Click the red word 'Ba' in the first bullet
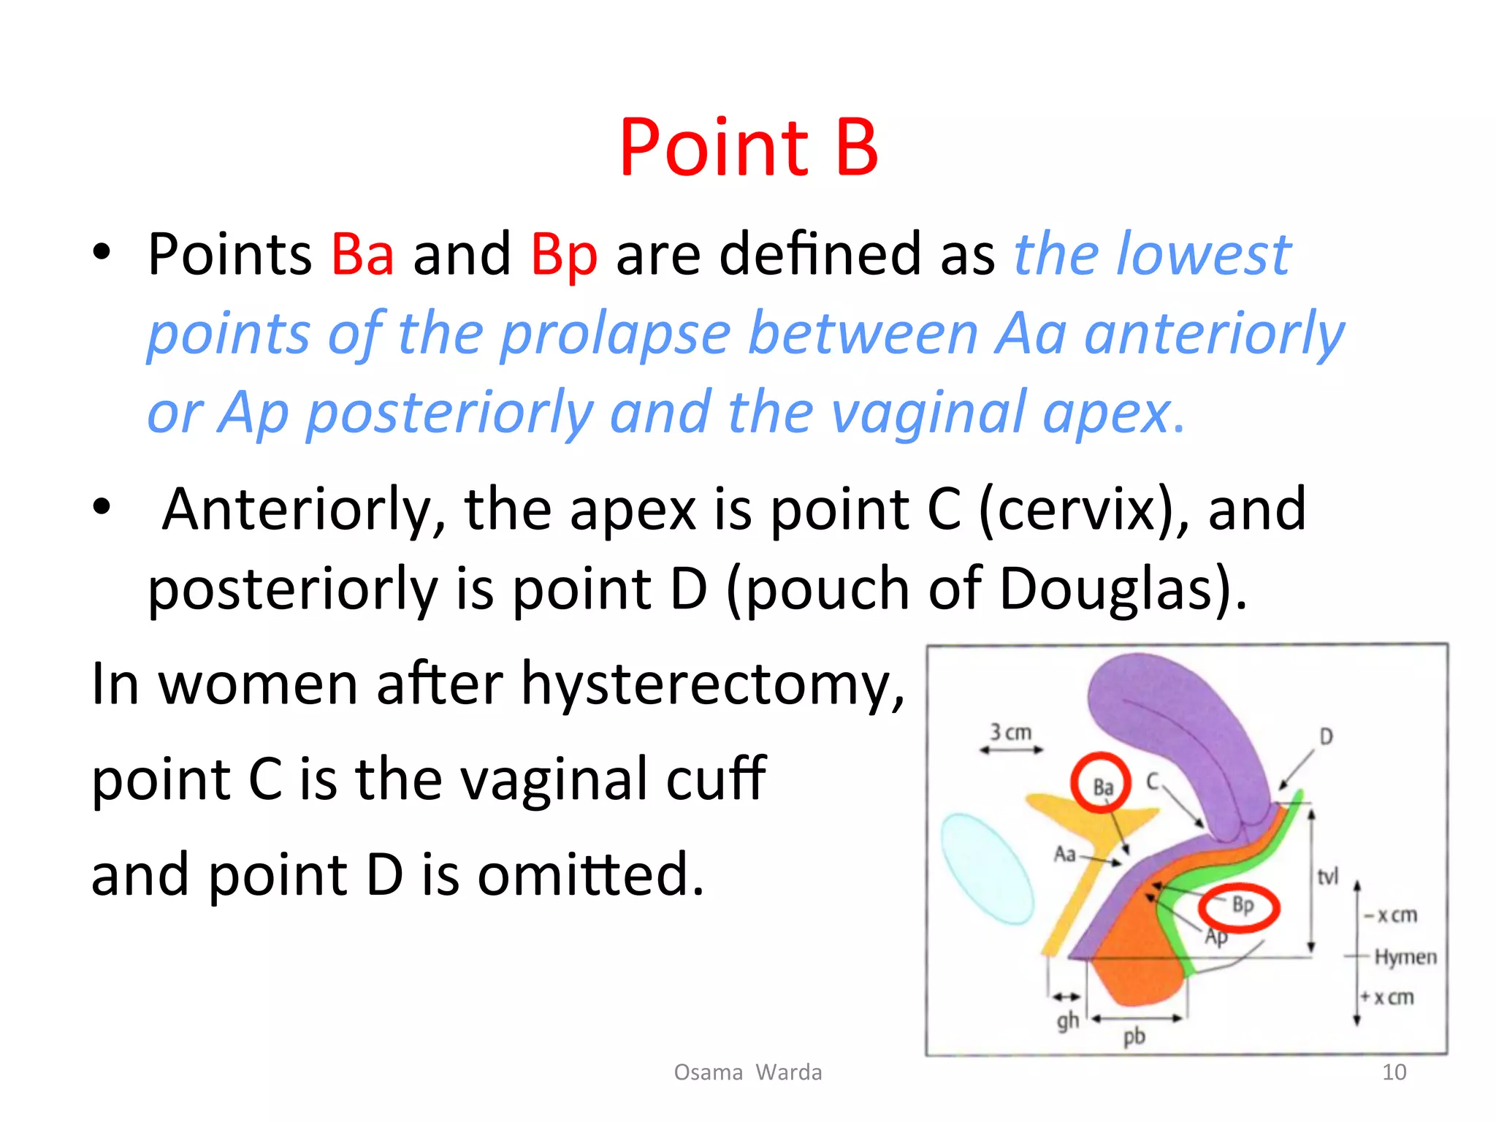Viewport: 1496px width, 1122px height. [x=362, y=254]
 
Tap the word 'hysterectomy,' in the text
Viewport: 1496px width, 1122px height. [x=712, y=685]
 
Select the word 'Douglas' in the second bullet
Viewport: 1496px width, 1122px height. [x=1113, y=589]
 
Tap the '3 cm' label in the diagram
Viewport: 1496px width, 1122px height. [x=1010, y=732]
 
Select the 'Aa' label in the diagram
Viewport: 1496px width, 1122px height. [x=1065, y=853]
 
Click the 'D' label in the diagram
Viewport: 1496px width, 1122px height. [x=1327, y=736]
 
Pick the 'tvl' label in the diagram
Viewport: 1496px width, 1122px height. [x=1327, y=876]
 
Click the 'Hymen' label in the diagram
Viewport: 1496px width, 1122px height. [x=1405, y=957]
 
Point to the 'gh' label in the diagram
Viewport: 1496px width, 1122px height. [x=1067, y=1020]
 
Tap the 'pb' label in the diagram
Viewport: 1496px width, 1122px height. [x=1134, y=1036]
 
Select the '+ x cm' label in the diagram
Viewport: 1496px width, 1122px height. [x=1388, y=997]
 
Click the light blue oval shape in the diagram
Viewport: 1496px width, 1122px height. [x=986, y=869]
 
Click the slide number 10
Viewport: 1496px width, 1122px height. [x=1394, y=1072]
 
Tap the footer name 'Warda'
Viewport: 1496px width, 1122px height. [x=788, y=1072]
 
